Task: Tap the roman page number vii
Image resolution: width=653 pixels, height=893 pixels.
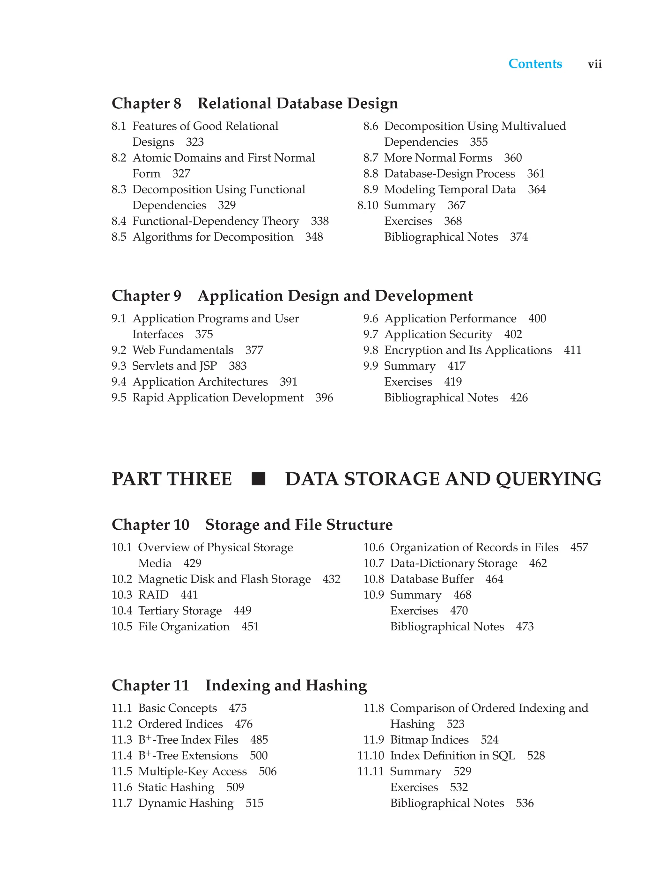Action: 595,64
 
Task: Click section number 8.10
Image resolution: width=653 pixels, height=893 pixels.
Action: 368,206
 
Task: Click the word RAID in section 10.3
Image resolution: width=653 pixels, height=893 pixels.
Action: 153,595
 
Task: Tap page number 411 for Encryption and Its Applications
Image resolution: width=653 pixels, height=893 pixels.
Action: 572,350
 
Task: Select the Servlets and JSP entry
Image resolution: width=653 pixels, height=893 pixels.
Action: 174,366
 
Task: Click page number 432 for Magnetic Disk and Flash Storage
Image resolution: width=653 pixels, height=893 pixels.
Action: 331,579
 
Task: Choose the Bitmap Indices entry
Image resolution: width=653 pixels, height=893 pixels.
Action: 429,740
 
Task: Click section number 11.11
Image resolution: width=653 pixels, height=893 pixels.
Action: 371,771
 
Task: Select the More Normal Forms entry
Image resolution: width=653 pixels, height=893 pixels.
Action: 438,158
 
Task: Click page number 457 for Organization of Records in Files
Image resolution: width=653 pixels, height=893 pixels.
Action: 579,547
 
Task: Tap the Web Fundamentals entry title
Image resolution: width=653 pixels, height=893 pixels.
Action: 183,350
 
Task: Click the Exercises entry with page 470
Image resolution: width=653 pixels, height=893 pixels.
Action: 414,611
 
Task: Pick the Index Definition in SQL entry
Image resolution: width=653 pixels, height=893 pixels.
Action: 452,756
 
